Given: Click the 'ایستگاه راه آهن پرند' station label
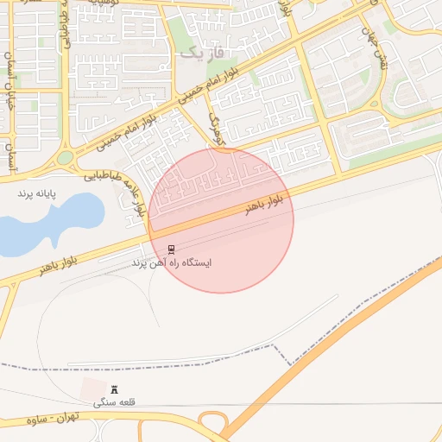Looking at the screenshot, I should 173,262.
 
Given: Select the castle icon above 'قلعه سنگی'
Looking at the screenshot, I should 115,390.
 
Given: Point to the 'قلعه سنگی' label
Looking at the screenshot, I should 115,402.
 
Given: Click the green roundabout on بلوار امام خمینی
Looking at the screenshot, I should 66,158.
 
